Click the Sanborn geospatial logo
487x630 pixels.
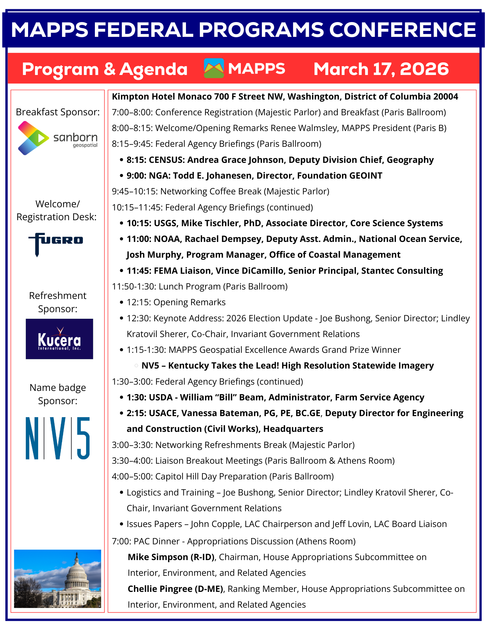click(58, 138)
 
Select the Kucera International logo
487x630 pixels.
click(59, 339)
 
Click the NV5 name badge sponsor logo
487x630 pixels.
click(58, 438)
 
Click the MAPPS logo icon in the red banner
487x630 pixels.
click(214, 68)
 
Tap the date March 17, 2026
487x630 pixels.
click(381, 69)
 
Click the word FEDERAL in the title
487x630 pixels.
click(143, 30)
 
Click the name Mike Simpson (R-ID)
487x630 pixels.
click(171, 557)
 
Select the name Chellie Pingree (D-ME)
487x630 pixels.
click(175, 589)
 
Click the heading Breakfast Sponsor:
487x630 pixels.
click(58, 112)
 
